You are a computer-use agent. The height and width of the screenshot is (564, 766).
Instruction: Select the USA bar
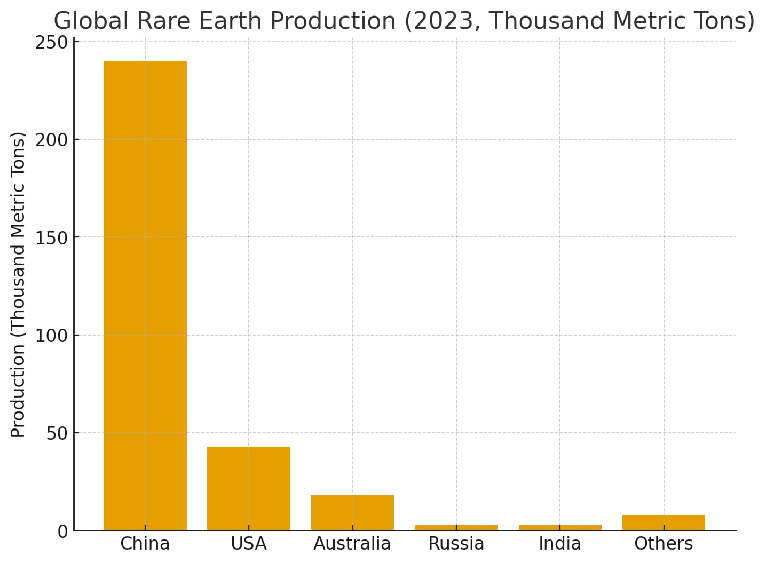tap(249, 488)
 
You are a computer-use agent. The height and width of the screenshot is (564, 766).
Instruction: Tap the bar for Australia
tap(352, 513)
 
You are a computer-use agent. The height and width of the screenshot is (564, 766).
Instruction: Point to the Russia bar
tap(456, 528)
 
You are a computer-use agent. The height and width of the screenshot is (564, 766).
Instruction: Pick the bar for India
tap(560, 528)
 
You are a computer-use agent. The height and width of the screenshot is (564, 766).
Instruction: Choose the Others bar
tap(664, 522)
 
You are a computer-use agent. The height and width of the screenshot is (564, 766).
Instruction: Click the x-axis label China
tap(145, 544)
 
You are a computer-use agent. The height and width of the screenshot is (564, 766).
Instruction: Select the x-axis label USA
tap(249, 544)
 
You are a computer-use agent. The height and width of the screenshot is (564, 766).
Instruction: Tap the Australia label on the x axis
tap(352, 544)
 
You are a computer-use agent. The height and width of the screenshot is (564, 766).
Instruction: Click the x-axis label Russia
tap(456, 544)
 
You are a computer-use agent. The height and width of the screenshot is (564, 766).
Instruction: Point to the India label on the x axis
tap(560, 544)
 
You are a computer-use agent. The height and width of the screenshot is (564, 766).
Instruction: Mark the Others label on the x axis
tap(664, 544)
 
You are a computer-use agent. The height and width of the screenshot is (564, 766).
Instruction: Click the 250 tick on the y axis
tap(52, 42)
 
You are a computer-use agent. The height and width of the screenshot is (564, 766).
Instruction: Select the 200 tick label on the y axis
tap(52, 140)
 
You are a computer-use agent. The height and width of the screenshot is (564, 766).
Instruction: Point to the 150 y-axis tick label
tap(52, 238)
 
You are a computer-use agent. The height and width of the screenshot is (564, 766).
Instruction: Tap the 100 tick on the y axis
tap(52, 336)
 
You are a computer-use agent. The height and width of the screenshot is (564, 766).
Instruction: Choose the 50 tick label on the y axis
tap(57, 433)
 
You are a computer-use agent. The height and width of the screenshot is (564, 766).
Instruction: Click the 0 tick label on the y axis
tap(63, 531)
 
